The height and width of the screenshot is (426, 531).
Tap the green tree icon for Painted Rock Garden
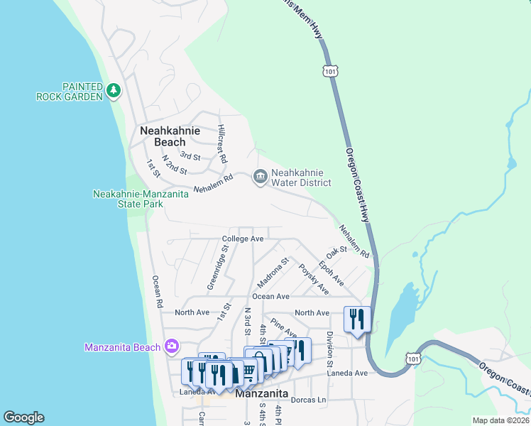[x=114, y=90]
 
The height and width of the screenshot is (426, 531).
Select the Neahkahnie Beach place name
[x=170, y=136]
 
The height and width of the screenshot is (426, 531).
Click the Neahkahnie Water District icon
[x=260, y=176]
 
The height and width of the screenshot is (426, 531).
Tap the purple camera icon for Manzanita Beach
[x=171, y=346]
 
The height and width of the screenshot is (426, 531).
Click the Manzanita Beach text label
[x=122, y=347]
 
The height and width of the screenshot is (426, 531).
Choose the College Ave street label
[x=243, y=239]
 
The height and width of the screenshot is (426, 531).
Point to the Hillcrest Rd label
[x=221, y=145]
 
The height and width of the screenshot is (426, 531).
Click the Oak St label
[x=336, y=252]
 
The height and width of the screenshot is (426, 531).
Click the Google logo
[x=23, y=417]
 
